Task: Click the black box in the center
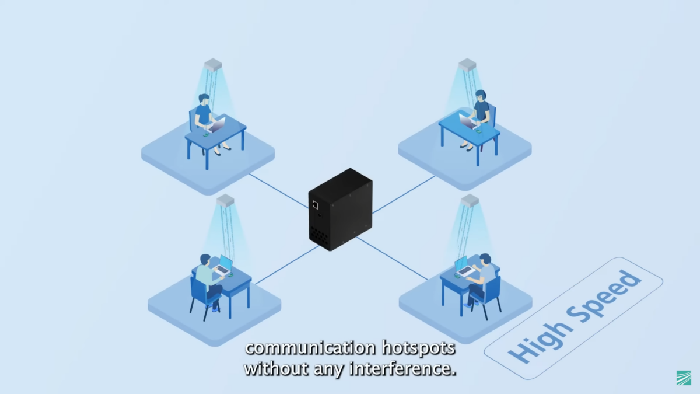341,209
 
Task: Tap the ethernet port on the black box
315,205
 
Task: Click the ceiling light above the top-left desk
213,64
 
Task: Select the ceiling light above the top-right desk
467,64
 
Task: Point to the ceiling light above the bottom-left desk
225,200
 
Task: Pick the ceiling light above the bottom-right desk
470,201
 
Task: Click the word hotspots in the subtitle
418,348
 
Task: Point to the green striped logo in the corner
684,378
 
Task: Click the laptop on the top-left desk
218,124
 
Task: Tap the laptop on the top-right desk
467,121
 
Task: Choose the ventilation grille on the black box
320,235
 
